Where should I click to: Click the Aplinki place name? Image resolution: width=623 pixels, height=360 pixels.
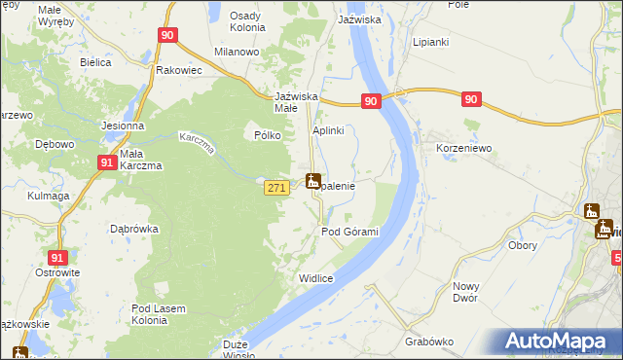[x=330, y=129]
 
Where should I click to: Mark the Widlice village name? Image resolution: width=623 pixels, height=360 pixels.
[x=316, y=278]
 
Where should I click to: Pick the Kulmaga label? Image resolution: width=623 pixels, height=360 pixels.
[x=49, y=196]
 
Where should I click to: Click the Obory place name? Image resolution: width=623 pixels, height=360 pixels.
[x=524, y=244]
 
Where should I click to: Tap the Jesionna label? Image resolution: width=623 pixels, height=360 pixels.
[x=123, y=126]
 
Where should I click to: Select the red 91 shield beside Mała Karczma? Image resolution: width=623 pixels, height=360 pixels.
[x=107, y=164]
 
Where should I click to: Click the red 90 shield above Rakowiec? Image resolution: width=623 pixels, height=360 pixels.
[x=167, y=36]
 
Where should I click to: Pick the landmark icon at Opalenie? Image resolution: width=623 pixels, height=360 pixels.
[x=312, y=181]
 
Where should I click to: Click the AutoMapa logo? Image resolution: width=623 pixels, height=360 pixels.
[x=559, y=342]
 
